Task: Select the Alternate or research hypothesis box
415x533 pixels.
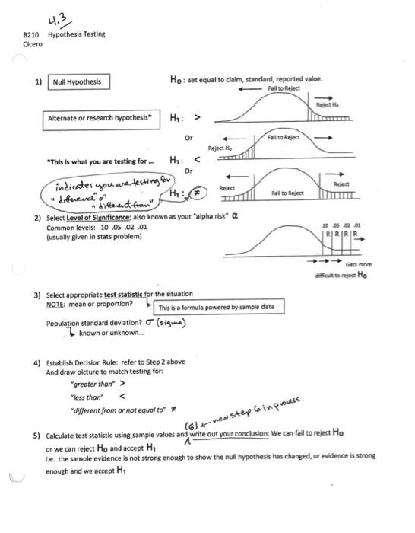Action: tap(100, 119)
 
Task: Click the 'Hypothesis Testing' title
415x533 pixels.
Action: tap(76, 35)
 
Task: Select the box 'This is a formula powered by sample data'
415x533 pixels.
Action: tap(219, 308)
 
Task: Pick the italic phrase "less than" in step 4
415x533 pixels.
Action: tap(85, 397)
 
